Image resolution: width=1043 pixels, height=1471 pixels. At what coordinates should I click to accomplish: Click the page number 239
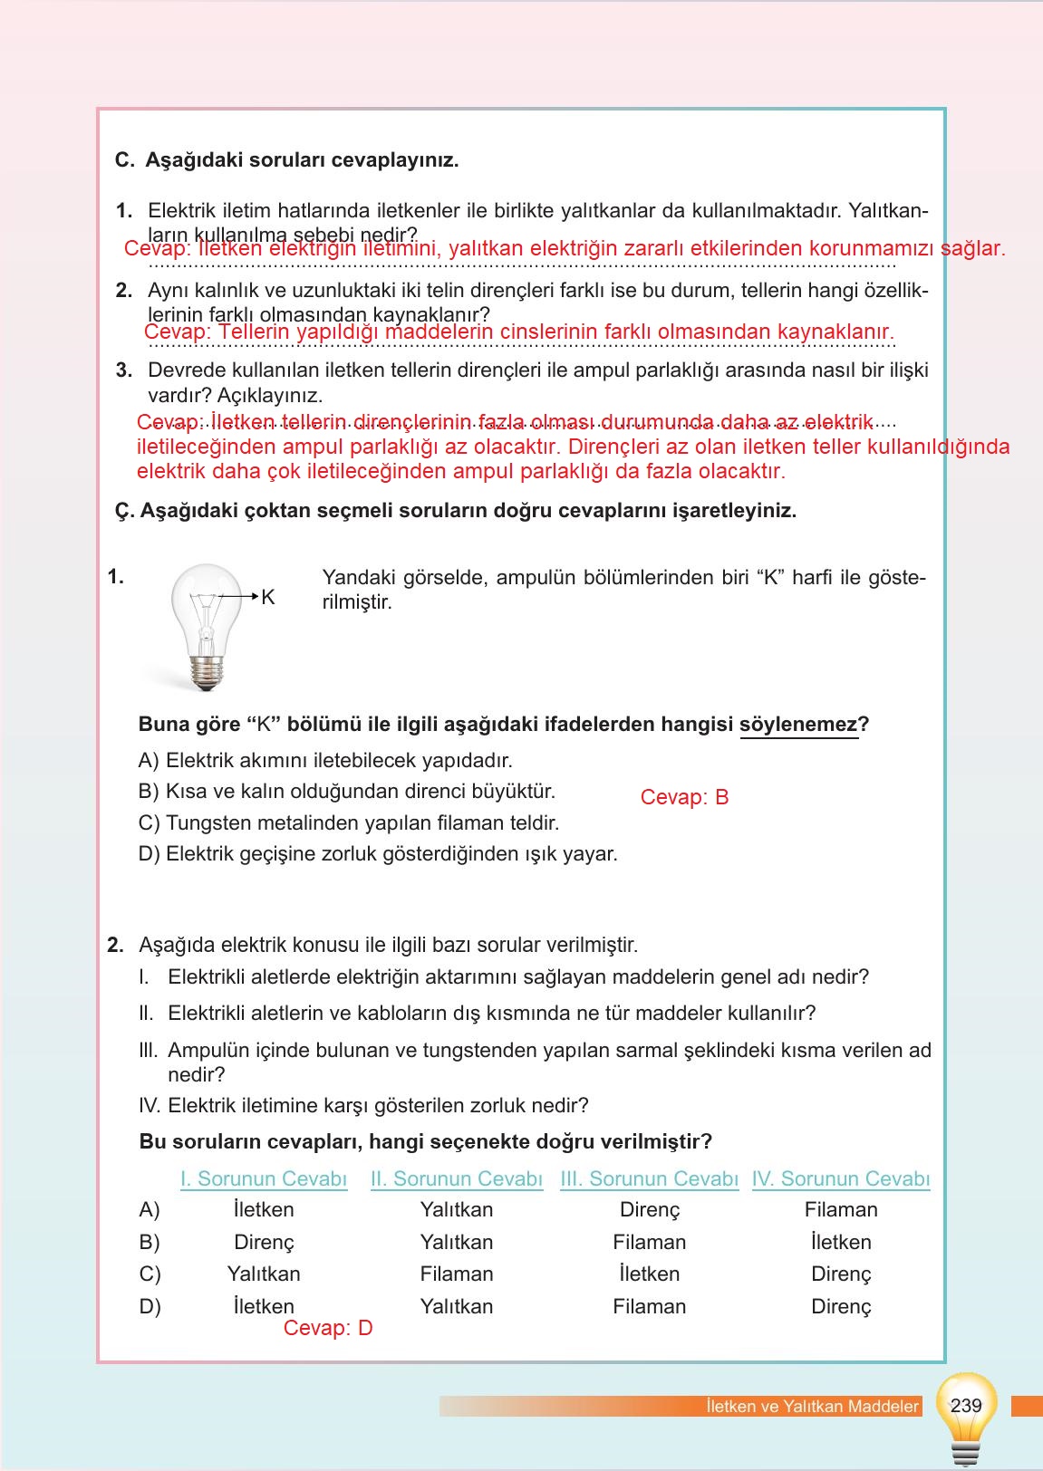966,1405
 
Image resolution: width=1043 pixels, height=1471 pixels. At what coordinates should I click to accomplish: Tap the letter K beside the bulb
267,598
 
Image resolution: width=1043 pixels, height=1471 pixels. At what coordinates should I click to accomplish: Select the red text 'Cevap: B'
684,797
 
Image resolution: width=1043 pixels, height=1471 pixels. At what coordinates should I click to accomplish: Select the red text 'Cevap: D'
328,1328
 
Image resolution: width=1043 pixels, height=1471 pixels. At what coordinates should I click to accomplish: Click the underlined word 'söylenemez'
798,725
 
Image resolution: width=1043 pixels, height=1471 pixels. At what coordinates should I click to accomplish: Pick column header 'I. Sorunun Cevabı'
264,1178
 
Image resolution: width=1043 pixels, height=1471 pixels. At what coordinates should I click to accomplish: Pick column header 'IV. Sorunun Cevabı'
841,1178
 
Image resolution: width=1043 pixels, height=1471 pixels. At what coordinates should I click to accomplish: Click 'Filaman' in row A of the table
841,1209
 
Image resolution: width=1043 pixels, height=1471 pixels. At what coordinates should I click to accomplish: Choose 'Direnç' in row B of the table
264,1242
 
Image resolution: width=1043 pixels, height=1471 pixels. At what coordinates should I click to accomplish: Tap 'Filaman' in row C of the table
457,1274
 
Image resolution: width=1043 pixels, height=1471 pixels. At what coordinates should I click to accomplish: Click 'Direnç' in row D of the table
841,1306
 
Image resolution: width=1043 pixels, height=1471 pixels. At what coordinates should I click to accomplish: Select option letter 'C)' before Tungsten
150,822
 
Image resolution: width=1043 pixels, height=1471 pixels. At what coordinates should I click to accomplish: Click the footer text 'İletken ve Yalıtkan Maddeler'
812,1407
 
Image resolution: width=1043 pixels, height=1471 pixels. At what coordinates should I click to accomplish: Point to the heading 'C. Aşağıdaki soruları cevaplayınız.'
287,160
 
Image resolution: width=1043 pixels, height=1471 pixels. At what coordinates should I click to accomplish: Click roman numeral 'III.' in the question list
149,1051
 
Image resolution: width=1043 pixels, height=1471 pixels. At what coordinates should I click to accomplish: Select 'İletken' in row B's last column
841,1242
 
